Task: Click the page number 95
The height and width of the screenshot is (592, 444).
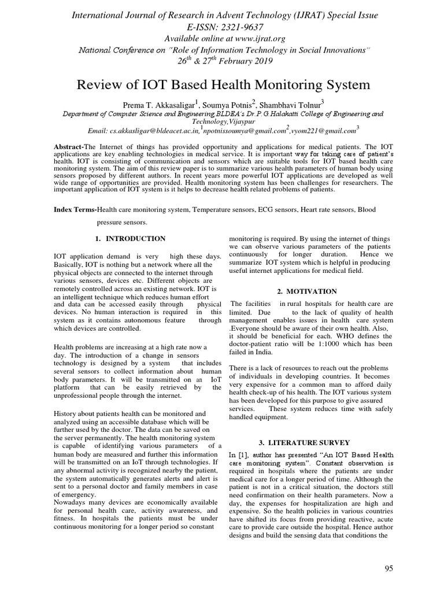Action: [x=388, y=569]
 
